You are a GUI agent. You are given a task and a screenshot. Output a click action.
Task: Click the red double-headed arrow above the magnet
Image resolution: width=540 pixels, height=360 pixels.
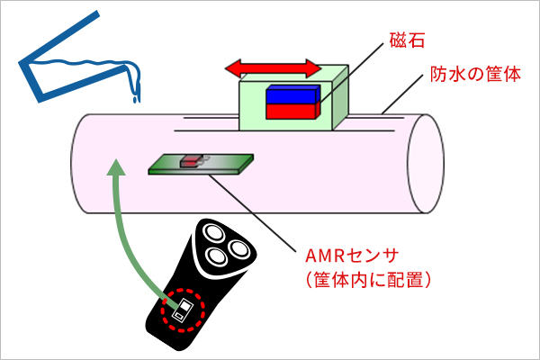coord(272,67)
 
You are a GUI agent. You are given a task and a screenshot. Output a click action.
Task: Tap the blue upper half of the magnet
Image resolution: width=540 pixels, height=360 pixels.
coord(292,94)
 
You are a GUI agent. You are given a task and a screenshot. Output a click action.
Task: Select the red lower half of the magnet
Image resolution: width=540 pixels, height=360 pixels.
coord(292,110)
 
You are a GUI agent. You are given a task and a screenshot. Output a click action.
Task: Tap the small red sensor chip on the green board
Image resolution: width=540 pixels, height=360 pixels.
coord(191,162)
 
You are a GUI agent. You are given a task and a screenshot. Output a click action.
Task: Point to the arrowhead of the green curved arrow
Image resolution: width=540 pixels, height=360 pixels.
coord(114,166)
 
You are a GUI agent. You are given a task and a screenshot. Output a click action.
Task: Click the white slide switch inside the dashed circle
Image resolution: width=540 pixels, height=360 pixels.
coord(184,311)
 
